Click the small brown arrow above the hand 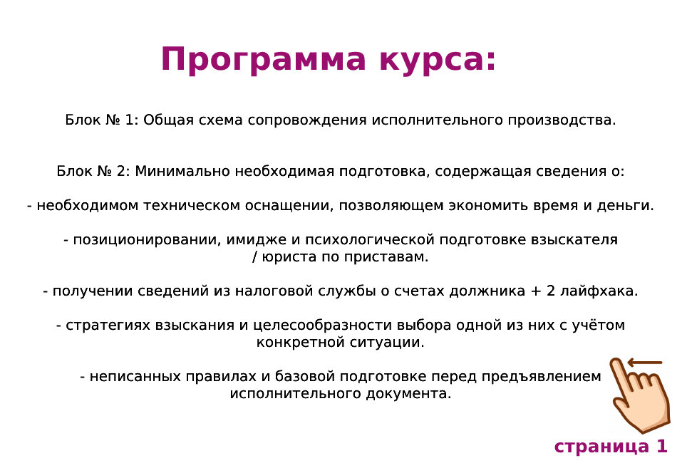coord(645,363)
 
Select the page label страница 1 coord(611,447)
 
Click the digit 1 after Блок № coord(129,120)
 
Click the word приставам coord(393,257)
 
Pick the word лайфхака coord(603,291)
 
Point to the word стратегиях coord(105,326)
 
